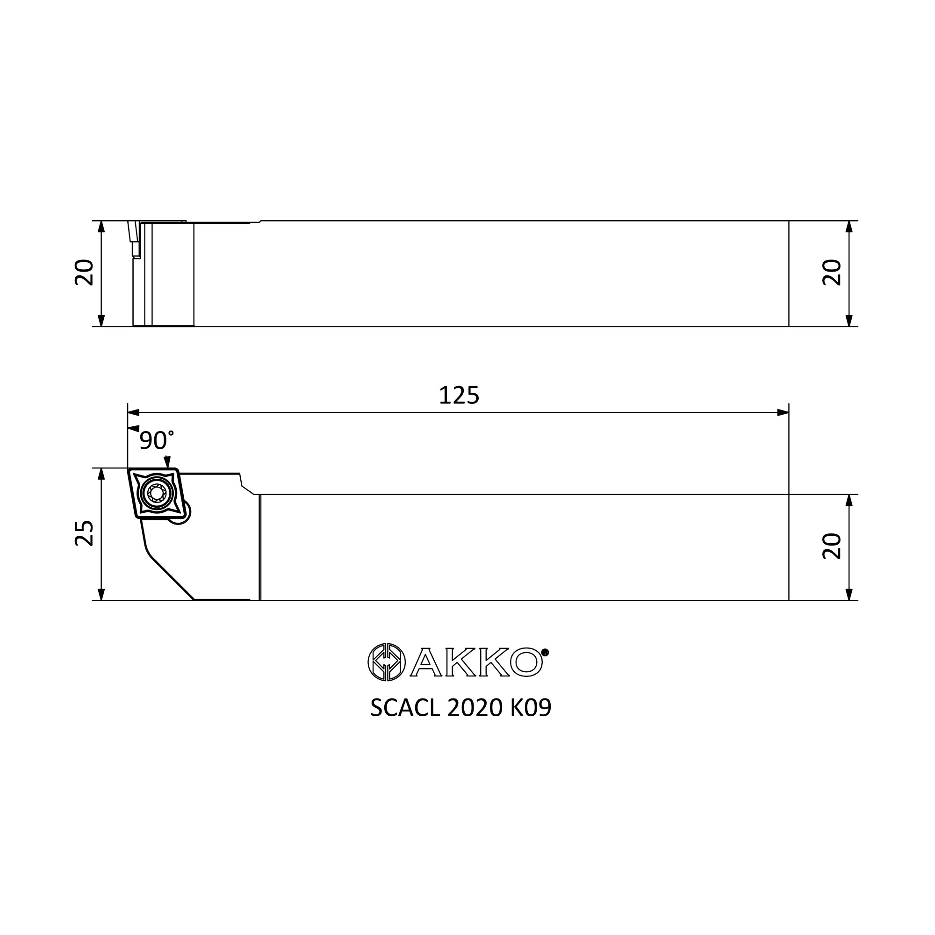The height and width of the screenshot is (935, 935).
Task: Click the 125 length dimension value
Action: pyautogui.click(x=459, y=396)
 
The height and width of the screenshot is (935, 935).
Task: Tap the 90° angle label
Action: pyautogui.click(x=156, y=440)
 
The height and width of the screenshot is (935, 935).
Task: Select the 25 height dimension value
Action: pyautogui.click(x=84, y=533)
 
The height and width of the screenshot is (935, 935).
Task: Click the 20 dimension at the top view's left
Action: pyautogui.click(x=84, y=273)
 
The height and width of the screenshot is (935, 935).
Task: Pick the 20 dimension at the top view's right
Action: pyautogui.click(x=833, y=273)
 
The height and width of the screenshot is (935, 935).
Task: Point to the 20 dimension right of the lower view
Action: pyautogui.click(x=833, y=547)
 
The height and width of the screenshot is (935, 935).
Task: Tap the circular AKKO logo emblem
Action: pyautogui.click(x=385, y=662)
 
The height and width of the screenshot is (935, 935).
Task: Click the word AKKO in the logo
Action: pyautogui.click(x=476, y=662)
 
